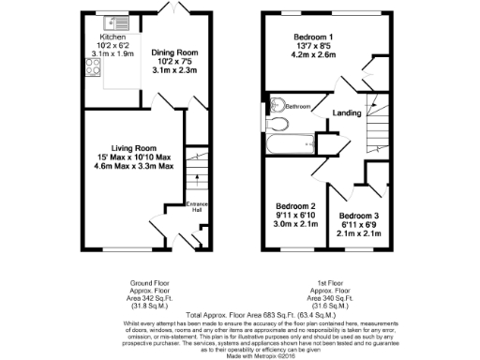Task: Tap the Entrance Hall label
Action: tap(197, 207)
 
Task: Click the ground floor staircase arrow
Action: tap(198, 178)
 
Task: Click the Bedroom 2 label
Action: tap(295, 206)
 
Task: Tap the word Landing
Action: tap(347, 112)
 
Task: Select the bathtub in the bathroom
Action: tap(291, 145)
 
